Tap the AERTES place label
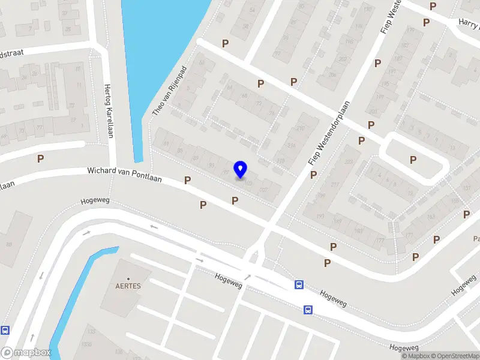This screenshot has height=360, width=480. point(128,286)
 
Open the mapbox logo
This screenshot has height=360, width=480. point(26,353)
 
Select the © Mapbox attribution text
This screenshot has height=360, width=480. point(415,356)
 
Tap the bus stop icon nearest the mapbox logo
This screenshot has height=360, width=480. point(5,330)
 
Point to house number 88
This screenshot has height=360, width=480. point(9,244)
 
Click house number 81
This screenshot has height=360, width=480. point(166,142)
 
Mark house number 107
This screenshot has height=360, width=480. point(263,190)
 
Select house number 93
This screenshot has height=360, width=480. point(211,165)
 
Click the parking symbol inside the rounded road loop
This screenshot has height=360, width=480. point(413,160)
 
